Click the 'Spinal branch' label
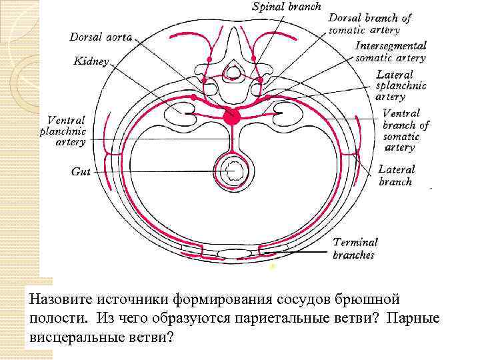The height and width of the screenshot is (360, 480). pos(287,7)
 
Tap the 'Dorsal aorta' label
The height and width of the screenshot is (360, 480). pos(101,37)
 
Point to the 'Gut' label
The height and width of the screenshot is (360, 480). pos(81,172)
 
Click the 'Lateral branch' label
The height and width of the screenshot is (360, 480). pos(397,175)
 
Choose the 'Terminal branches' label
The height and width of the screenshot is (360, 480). pos(355,248)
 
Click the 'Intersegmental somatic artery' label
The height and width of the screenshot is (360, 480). pos(391,52)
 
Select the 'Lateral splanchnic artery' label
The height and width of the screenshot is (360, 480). pos(401,85)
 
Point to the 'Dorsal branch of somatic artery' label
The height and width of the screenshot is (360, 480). pos(369,24)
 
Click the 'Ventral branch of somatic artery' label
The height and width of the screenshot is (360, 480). pos(405,130)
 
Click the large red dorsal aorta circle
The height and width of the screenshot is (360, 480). pos(231,117)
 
